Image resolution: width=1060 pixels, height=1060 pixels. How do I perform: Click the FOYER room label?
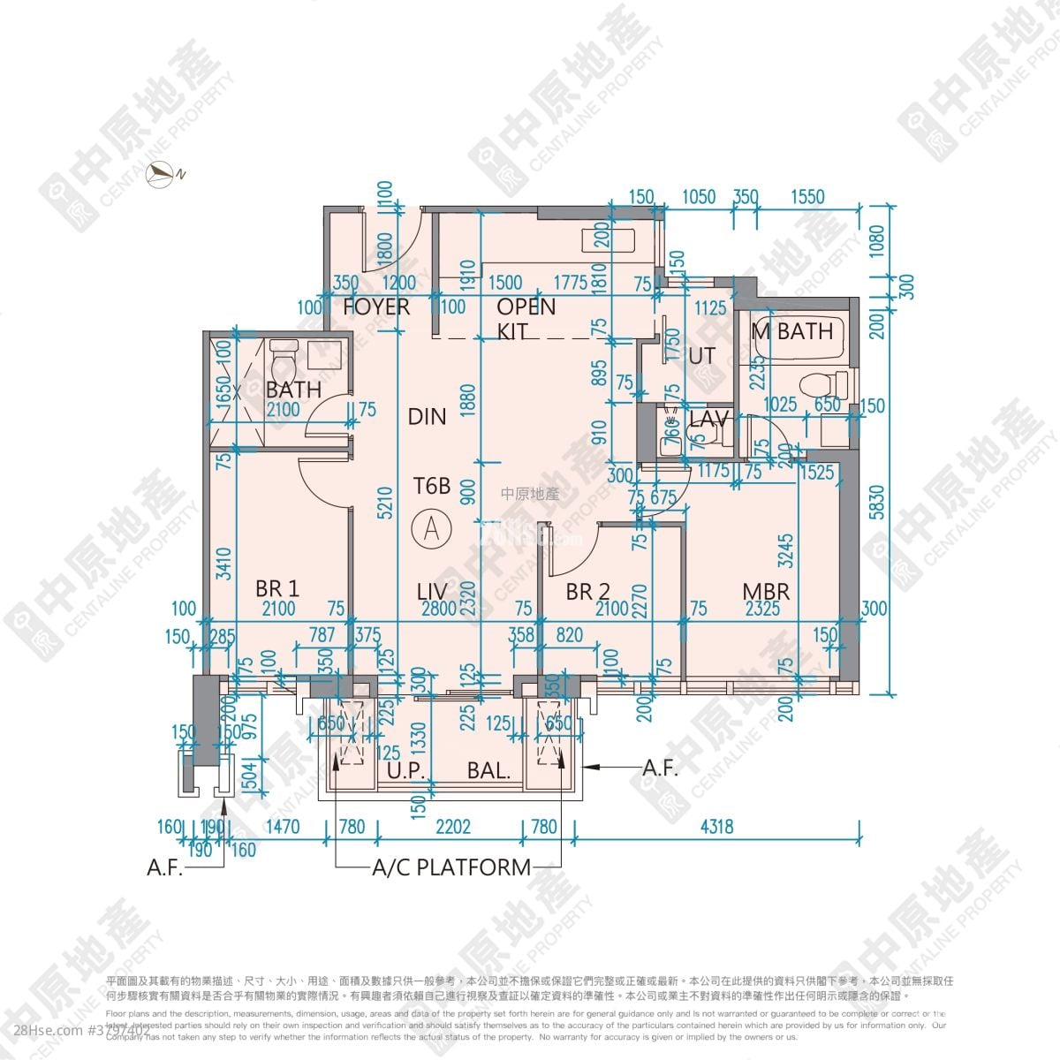point(377,307)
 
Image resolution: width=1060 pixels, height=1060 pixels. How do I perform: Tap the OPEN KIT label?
point(526,319)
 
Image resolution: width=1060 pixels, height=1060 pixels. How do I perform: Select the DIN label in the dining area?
point(427,417)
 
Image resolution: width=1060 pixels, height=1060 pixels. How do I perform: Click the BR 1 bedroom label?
point(276,588)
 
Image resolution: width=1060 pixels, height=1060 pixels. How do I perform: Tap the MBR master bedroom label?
point(765,592)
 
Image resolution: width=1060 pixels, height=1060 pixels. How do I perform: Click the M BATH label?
point(792,332)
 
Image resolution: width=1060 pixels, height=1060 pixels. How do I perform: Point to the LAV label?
point(708,419)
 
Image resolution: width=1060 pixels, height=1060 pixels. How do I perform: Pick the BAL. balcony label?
point(489,770)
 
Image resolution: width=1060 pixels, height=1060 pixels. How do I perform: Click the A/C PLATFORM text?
point(451,867)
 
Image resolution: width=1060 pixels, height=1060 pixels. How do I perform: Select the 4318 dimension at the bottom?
point(715,827)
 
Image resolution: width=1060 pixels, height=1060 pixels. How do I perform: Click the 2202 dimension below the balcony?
point(453,827)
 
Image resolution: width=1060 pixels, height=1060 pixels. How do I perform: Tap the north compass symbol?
point(164,174)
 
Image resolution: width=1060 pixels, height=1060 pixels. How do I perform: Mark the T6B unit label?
point(433,485)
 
